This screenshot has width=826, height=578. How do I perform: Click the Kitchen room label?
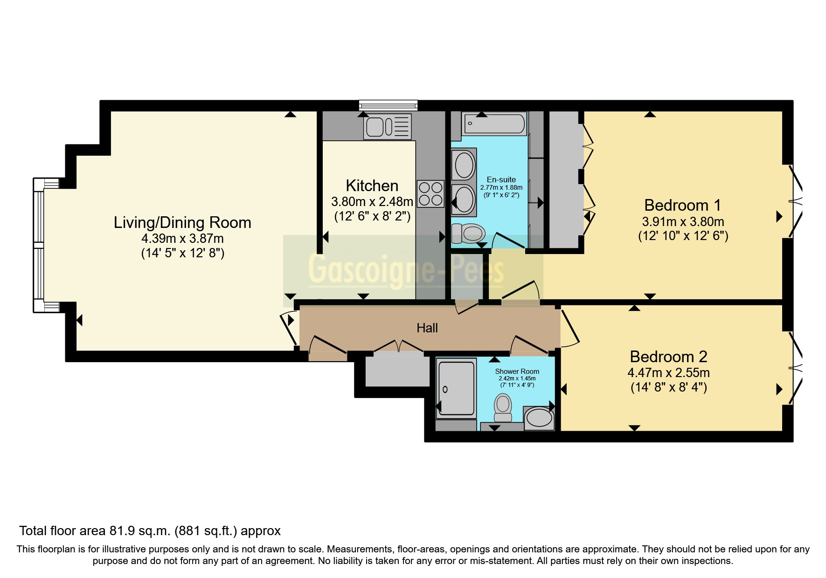pyautogui.click(x=372, y=186)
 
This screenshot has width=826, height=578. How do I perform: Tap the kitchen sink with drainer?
pyautogui.click(x=387, y=126)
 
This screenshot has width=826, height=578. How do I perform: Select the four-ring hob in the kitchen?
pyautogui.click(x=430, y=194)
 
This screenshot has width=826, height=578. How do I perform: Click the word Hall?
pyautogui.click(x=427, y=328)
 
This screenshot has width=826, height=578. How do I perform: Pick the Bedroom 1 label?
pyautogui.click(x=682, y=205)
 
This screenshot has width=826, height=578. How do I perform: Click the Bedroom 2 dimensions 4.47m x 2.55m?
pyautogui.click(x=668, y=373)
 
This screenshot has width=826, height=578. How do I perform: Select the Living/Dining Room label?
pyautogui.click(x=182, y=222)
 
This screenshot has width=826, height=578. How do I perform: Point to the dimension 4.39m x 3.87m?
pyautogui.click(x=182, y=239)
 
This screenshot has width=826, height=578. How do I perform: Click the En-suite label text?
pyautogui.click(x=501, y=179)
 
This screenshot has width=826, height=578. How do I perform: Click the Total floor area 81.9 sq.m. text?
pyautogui.click(x=150, y=530)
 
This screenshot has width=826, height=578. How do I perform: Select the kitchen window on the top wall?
pyautogui.click(x=388, y=105)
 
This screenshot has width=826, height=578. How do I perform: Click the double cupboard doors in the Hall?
pyautogui.click(x=399, y=346)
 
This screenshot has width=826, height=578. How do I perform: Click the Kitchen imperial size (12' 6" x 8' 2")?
pyautogui.click(x=372, y=216)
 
